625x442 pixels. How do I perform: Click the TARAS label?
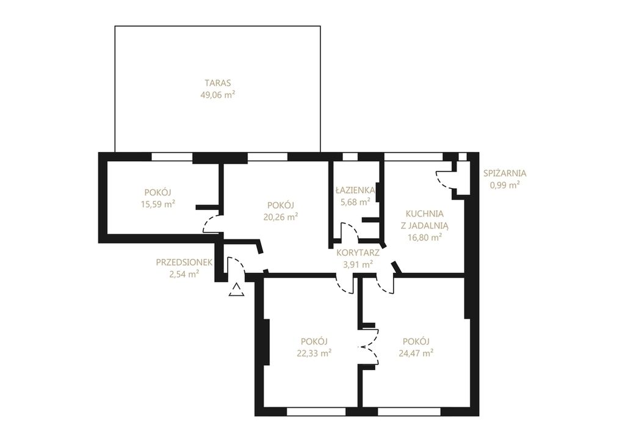(218, 83)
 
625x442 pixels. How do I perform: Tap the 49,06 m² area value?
(217, 95)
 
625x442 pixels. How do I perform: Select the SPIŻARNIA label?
(505, 173)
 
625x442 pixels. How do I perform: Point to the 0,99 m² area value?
(505, 185)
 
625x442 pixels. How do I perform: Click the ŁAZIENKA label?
(355, 190)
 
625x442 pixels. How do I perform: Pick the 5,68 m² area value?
(355, 202)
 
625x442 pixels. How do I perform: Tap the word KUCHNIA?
(425, 214)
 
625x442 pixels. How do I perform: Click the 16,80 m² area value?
(425, 237)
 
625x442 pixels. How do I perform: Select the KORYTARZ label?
(358, 252)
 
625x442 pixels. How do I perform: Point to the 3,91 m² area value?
(358, 264)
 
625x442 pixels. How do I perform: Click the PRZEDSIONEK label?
(184, 263)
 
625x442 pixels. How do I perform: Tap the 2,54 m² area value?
(184, 274)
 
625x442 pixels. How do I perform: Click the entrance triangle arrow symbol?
(236, 290)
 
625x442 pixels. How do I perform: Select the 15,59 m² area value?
(158, 205)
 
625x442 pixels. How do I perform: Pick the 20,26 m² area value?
(281, 217)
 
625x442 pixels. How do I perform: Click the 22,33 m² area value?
(314, 353)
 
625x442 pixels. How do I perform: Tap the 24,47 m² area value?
(416, 353)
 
